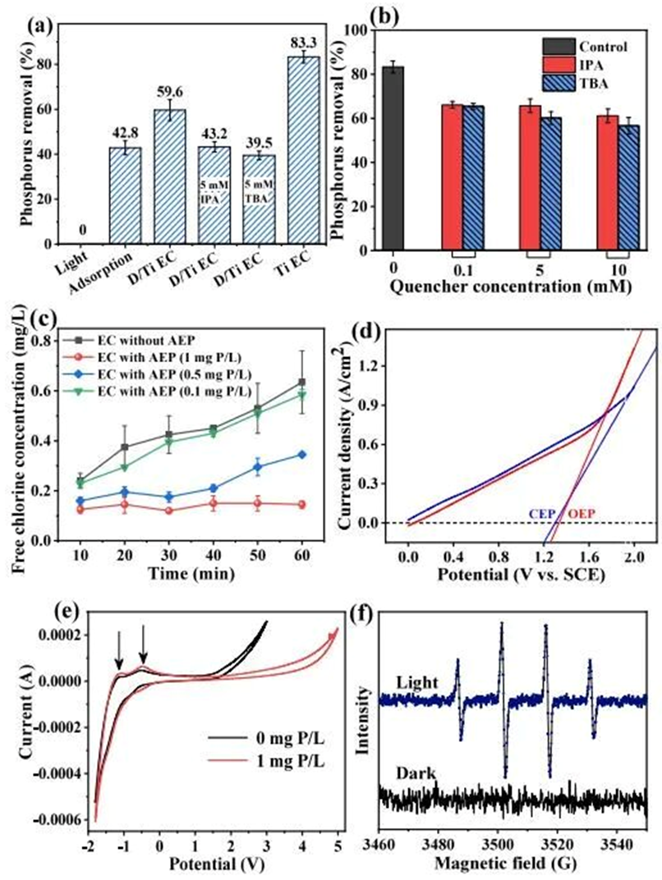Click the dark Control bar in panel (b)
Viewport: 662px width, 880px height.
[393, 156]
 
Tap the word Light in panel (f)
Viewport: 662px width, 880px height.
[413, 683]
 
